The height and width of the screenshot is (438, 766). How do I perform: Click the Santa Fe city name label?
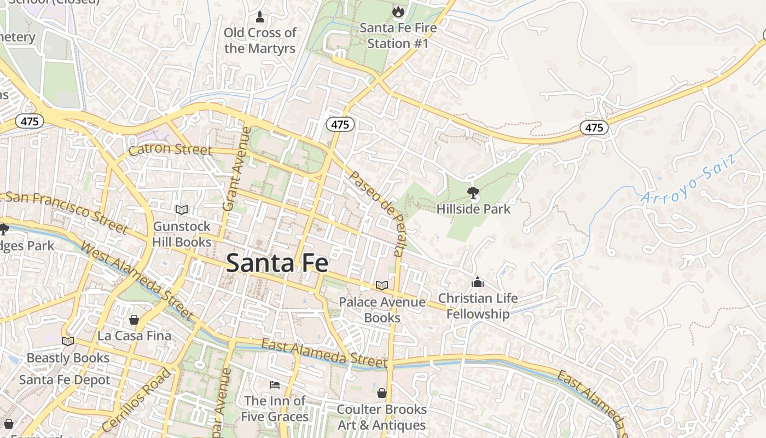[277, 263]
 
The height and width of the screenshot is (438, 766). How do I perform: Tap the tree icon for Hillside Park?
[473, 192]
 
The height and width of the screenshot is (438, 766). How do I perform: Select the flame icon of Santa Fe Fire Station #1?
[398, 11]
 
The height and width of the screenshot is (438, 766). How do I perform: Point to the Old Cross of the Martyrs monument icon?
[260, 17]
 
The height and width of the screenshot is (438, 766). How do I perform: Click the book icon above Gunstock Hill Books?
[182, 210]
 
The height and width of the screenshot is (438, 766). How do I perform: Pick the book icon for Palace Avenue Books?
[382, 285]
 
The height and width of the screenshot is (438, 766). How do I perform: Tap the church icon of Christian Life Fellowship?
[478, 282]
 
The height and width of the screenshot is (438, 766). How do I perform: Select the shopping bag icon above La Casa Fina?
[134, 319]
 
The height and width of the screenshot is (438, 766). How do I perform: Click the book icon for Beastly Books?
[68, 341]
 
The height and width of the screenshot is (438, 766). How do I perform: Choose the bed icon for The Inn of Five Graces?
[275, 385]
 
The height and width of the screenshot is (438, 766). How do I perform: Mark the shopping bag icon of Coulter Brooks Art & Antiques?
[382, 393]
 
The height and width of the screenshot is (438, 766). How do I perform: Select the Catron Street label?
[170, 149]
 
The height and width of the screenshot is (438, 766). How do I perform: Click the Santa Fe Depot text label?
[65, 380]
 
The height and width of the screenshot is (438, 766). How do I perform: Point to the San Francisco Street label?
[66, 211]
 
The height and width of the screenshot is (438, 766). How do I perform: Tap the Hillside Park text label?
[473, 209]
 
